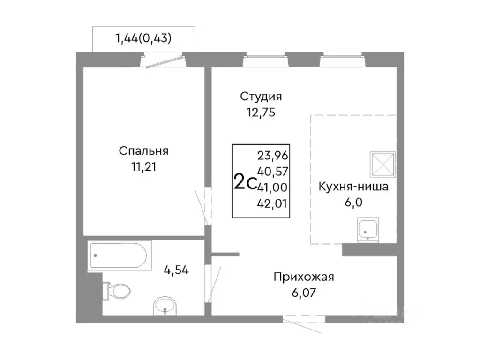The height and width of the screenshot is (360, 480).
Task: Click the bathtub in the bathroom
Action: pyautogui.click(x=117, y=256)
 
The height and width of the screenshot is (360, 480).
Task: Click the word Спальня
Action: pyautogui.click(x=143, y=151)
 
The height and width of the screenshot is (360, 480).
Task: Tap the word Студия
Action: pyautogui.click(x=261, y=97)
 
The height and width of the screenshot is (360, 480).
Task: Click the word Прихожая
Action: pyautogui.click(x=304, y=277)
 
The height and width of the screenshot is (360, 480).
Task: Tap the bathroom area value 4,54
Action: pyautogui.click(x=176, y=270)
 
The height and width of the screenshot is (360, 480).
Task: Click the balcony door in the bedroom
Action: pyautogui.click(x=164, y=61)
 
